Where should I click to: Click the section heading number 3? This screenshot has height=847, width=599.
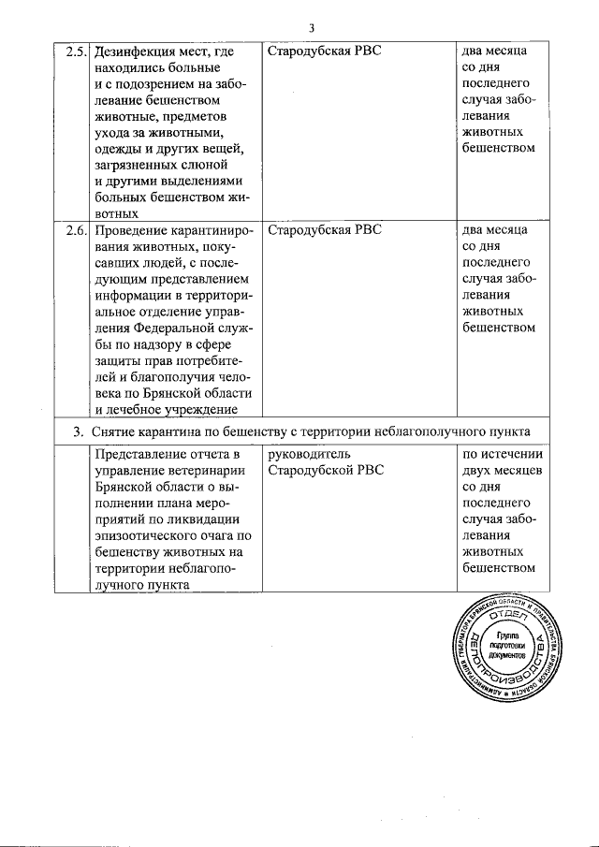(x=79, y=431)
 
